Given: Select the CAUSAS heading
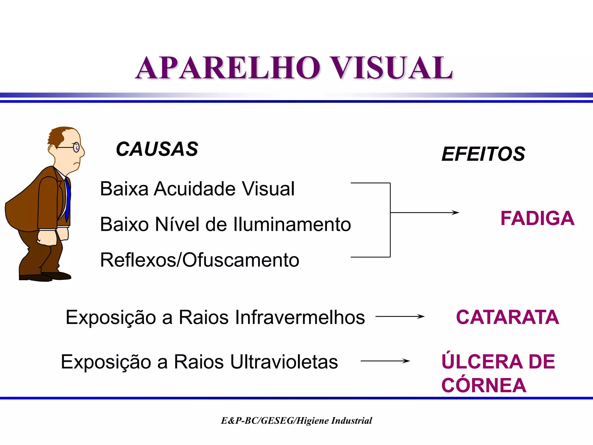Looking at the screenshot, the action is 157,149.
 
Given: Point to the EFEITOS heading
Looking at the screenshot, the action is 483,154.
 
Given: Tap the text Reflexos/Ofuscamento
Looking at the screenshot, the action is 200,260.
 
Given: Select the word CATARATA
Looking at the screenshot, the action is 507,317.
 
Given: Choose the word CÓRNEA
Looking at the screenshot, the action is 484,385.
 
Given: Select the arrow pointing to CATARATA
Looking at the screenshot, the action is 400,317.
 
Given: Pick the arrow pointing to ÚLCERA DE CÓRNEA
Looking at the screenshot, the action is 385,361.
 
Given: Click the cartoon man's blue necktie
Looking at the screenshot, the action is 67,200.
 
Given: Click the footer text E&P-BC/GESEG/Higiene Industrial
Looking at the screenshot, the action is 296,420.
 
